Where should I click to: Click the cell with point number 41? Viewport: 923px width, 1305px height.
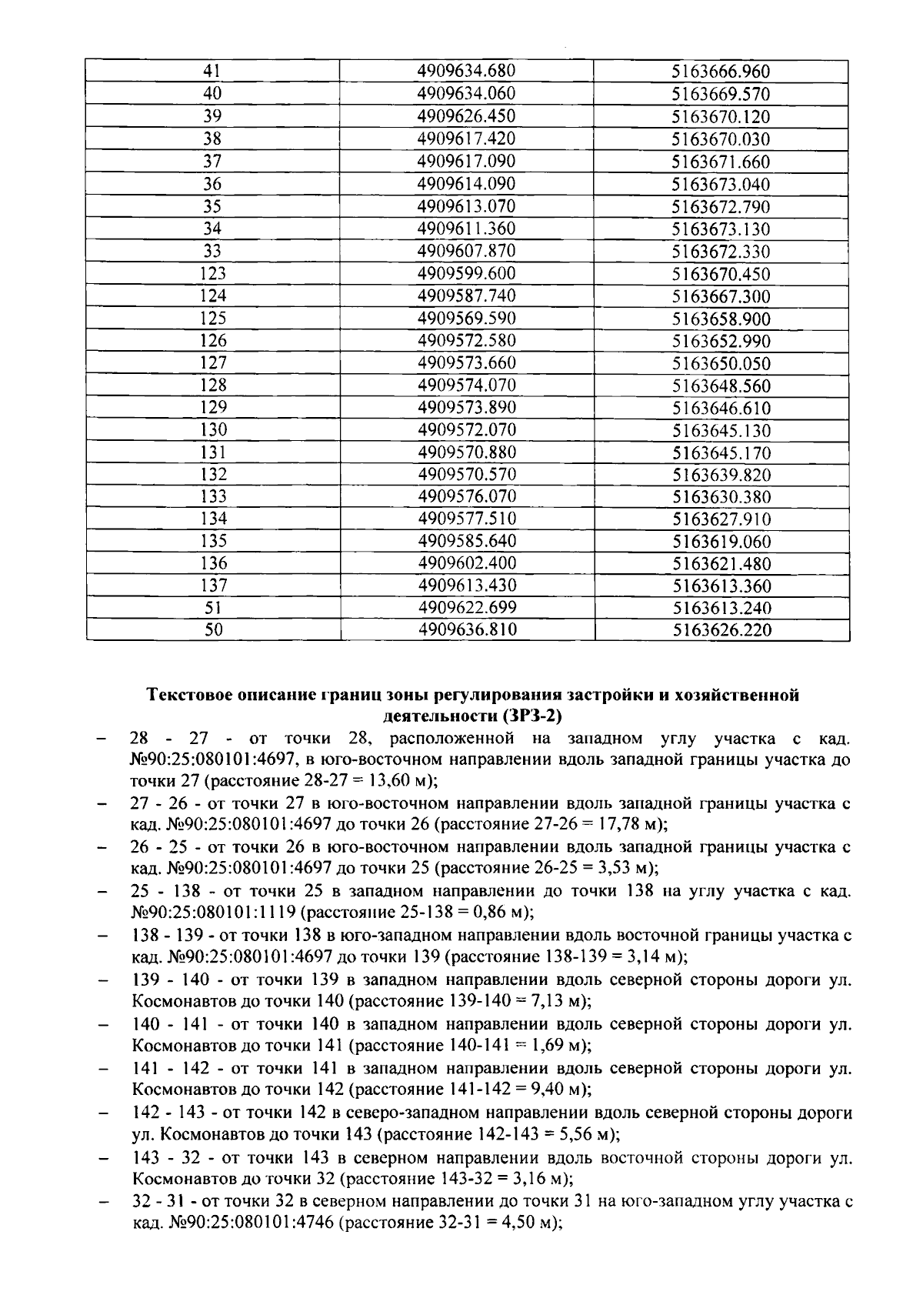click(212, 72)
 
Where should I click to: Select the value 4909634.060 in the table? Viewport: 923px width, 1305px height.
click(466, 94)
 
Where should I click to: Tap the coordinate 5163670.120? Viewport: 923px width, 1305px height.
click(721, 117)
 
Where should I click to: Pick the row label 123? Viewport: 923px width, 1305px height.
click(212, 273)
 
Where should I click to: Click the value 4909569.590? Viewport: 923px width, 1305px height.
click(466, 318)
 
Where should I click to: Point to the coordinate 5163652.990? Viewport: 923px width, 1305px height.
click(721, 341)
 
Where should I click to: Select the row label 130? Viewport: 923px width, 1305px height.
click(212, 429)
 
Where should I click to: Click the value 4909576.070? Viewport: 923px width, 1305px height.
click(466, 496)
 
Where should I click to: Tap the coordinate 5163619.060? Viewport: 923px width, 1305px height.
click(721, 542)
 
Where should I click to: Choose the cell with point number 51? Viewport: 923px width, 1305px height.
click(212, 608)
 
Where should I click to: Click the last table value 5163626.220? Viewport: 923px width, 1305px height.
click(721, 631)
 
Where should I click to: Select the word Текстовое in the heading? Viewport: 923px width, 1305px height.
click(189, 696)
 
